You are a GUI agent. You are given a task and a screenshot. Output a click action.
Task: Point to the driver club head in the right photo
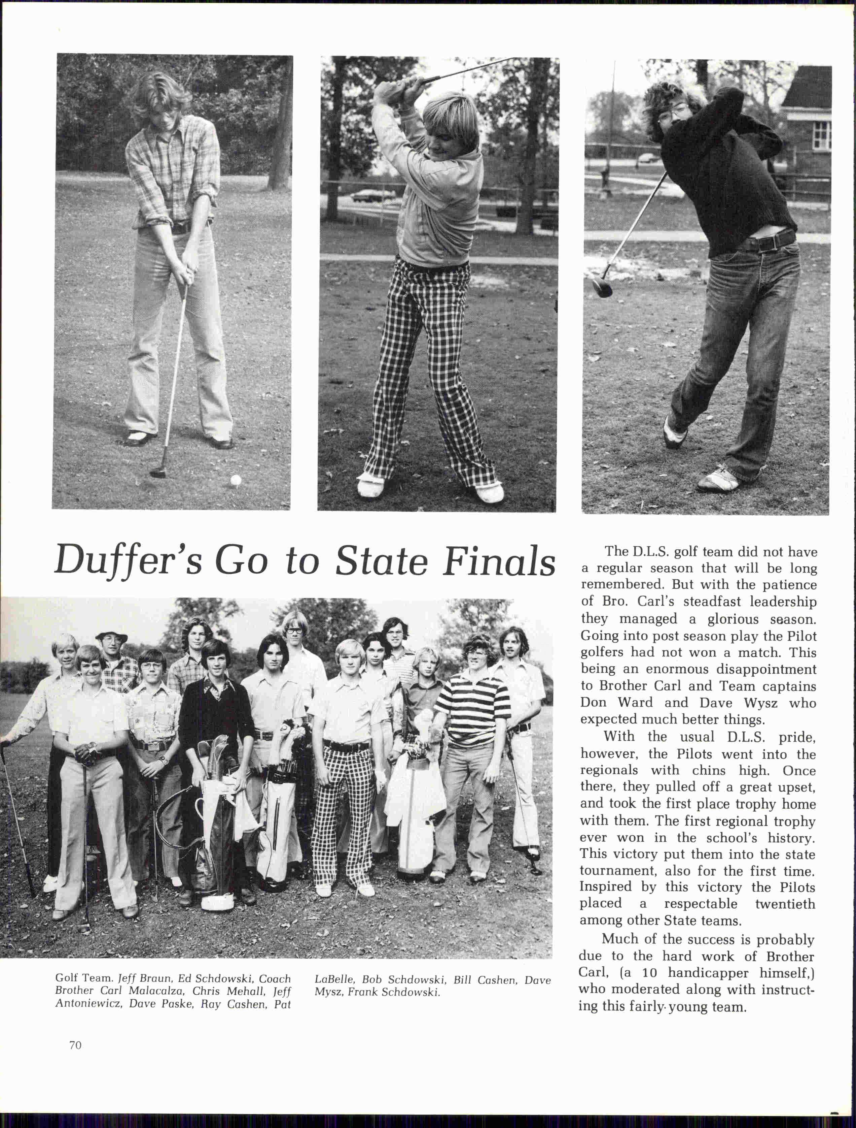click(x=602, y=286)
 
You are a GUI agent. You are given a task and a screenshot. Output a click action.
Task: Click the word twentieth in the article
click(x=785, y=904)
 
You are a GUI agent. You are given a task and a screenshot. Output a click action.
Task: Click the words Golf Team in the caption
click(x=83, y=978)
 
